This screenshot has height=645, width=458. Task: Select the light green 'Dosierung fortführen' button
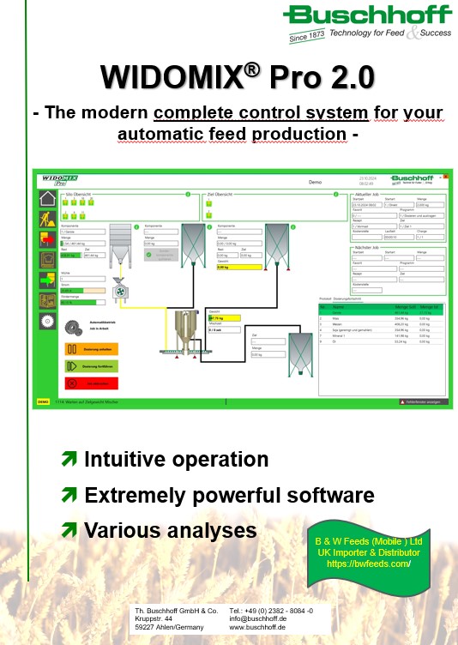(x=90, y=365)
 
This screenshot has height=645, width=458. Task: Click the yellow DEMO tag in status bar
(x=43, y=401)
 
